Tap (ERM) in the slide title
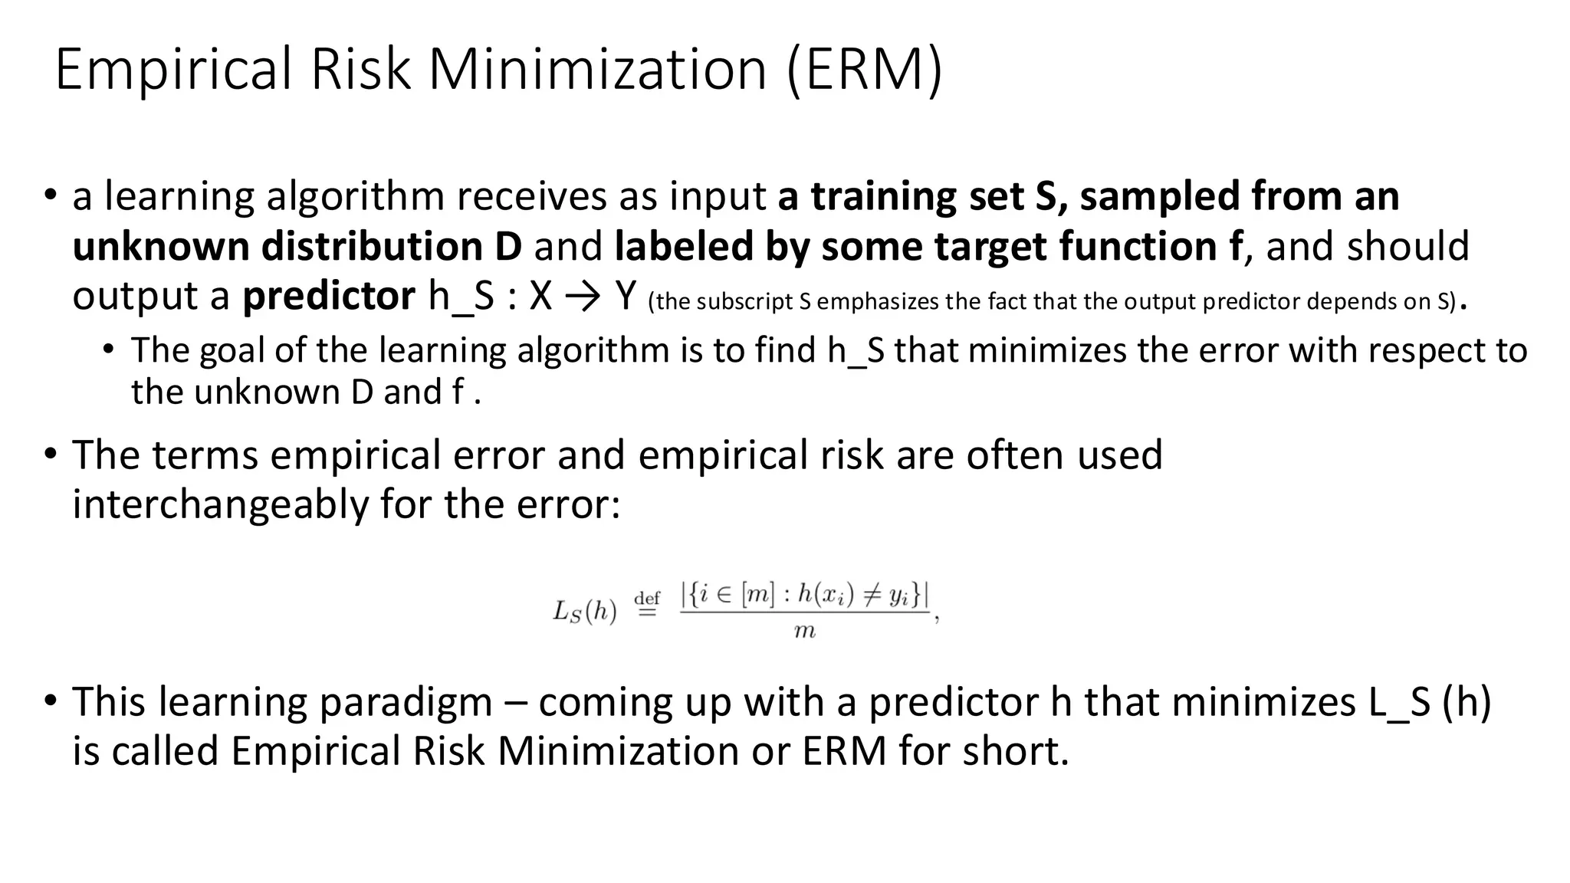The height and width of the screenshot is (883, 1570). pos(864,70)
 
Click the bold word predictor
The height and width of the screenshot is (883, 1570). pos(329,296)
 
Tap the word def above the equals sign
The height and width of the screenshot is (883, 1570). pos(648,598)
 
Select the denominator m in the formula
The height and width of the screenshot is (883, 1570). pos(804,632)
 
